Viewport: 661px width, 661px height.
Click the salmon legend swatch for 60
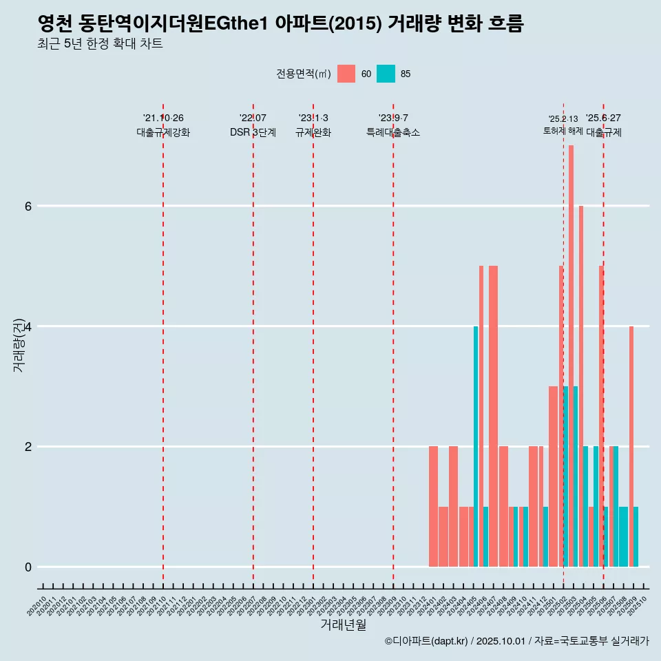346,74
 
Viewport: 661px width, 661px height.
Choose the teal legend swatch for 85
386,74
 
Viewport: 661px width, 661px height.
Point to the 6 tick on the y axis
28,206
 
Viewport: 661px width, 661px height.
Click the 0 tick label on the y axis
28,567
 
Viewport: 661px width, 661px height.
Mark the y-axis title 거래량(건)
19,344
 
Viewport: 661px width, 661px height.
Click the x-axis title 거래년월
343,625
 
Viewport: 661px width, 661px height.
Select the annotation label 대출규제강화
163,133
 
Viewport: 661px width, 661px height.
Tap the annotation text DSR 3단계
253,133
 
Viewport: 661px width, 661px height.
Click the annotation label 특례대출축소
393,133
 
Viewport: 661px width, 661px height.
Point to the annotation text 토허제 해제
563,131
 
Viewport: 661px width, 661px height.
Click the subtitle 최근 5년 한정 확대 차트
101,44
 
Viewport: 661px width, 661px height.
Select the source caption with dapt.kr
516,641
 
